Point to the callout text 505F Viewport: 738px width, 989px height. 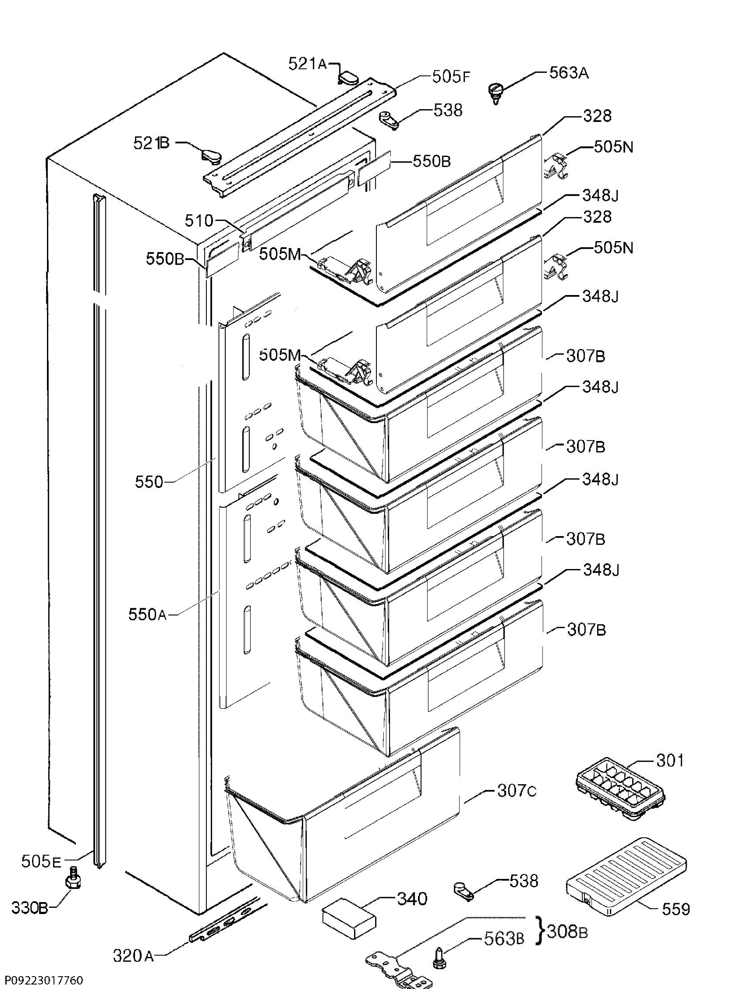pyautogui.click(x=451, y=77)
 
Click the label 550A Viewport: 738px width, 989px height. pyautogui.click(x=147, y=614)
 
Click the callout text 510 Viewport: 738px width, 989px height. pyautogui.click(x=199, y=220)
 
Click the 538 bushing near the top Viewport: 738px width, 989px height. pyautogui.click(x=388, y=120)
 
